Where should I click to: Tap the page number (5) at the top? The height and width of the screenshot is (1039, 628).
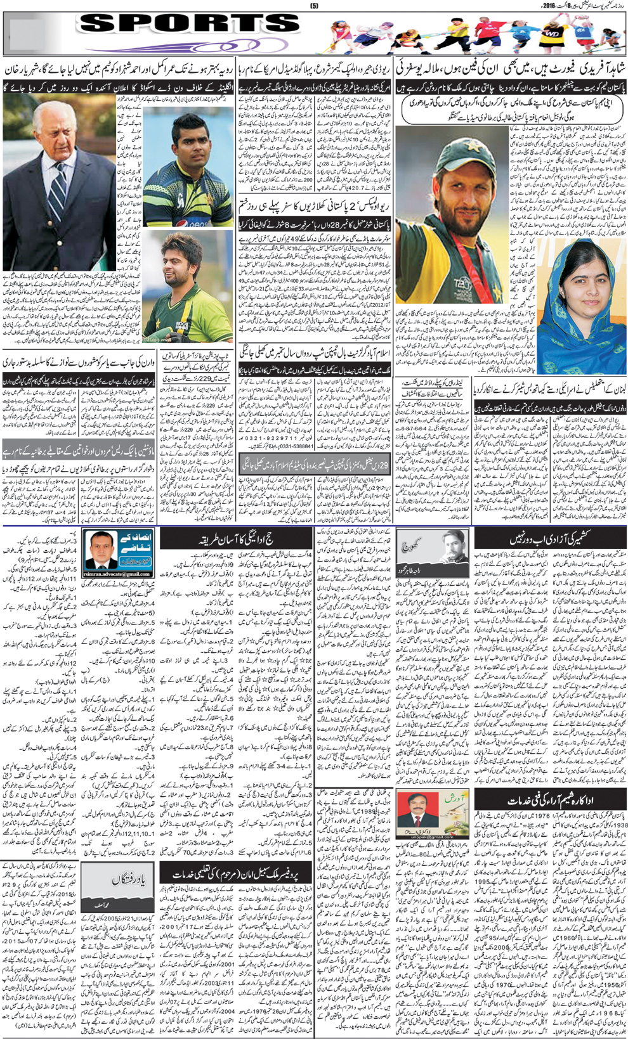313,5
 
